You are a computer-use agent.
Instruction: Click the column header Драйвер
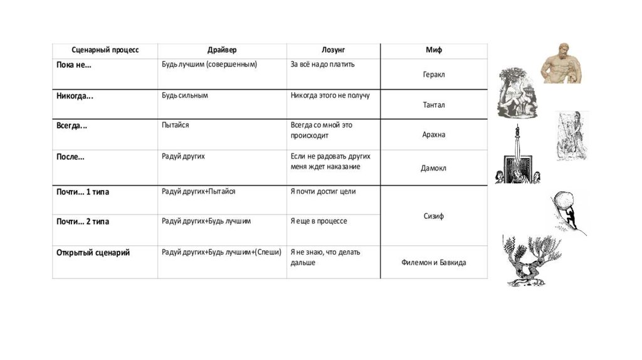coord(222,50)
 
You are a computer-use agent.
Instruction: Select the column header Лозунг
coord(333,50)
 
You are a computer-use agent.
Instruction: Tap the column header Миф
coord(433,50)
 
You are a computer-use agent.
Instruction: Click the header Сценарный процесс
coord(105,50)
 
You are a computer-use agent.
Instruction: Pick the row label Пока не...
coord(74,65)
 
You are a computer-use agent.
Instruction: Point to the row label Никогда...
coord(75,96)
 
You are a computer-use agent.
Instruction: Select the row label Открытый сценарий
coord(93,253)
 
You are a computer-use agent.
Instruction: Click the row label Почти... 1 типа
coord(83,192)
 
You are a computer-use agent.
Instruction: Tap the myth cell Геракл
coord(433,74)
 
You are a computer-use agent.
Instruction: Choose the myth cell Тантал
coord(433,105)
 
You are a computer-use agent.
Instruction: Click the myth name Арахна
coord(433,135)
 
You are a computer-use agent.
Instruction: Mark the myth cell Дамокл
coord(433,168)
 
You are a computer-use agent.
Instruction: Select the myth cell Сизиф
coord(433,216)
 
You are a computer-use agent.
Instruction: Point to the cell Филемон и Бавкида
coord(433,263)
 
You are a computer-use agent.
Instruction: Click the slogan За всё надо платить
coord(326,65)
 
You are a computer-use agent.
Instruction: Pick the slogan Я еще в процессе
coord(318,221)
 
